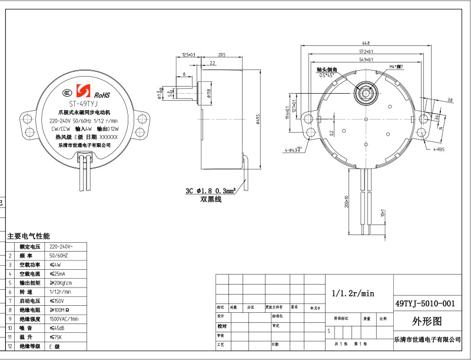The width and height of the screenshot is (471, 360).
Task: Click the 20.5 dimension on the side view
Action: pyautogui.click(x=221, y=54)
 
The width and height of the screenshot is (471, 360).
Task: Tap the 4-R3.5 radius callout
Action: pyautogui.click(x=439, y=150)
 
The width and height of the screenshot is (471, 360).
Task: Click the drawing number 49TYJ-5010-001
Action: pyautogui.click(x=425, y=303)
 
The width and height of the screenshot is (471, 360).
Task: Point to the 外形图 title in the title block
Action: pyautogui.click(x=425, y=322)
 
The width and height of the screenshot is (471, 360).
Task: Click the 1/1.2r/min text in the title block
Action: pyautogui.click(x=353, y=293)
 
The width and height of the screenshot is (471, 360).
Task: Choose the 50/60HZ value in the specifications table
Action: pyautogui.click(x=59, y=256)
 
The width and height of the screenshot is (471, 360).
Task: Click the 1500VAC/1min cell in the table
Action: pyautogui.click(x=64, y=318)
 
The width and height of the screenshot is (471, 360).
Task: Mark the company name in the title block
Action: pyautogui.click(x=427, y=339)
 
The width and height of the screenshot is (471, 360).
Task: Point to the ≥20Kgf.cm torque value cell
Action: pyautogui.click(x=61, y=283)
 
